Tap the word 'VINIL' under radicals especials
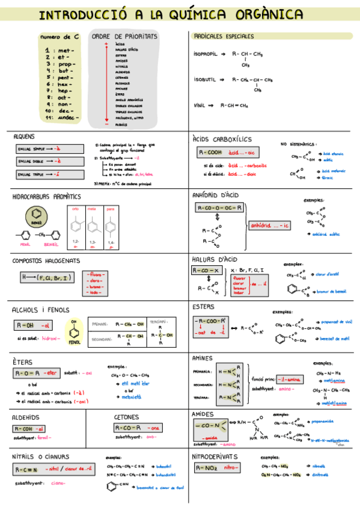pos(199,105)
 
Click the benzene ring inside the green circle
pos(36,214)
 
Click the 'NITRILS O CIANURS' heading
pos(41,456)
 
